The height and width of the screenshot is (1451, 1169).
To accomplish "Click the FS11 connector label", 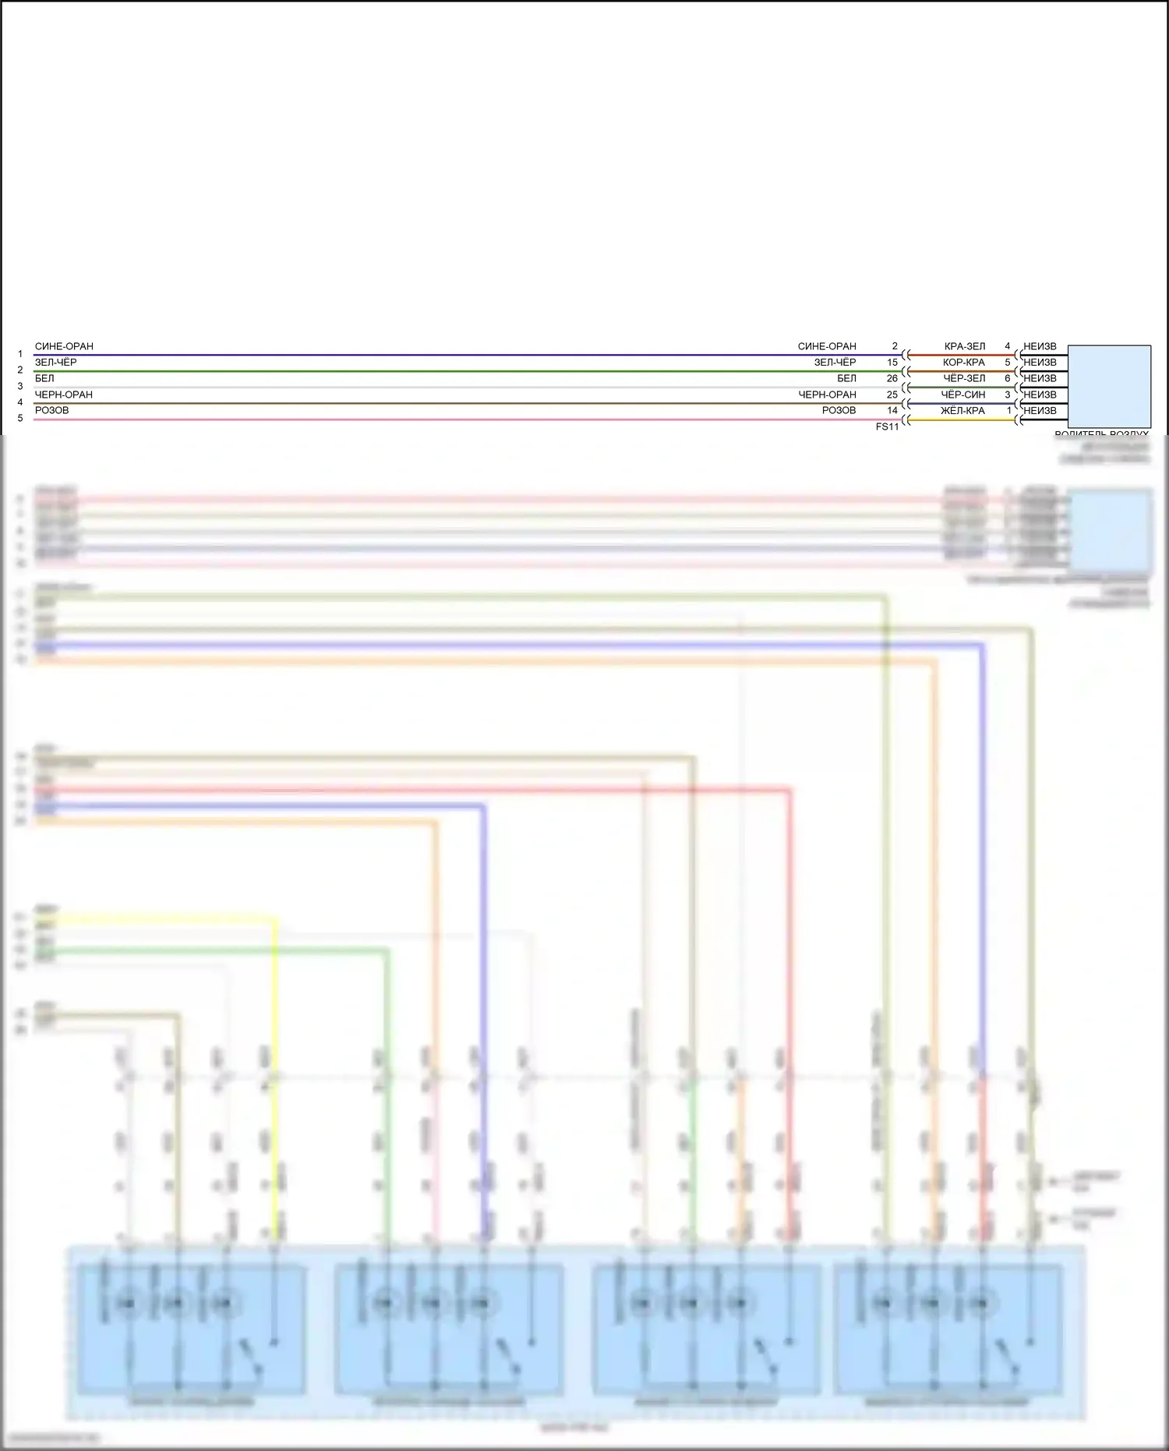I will click(887, 426).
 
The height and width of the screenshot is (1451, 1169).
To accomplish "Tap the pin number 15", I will click(892, 363).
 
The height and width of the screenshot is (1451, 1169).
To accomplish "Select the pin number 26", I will click(892, 378).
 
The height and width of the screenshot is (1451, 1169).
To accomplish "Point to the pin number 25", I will click(892, 395).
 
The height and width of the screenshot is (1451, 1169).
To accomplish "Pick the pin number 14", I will click(892, 410).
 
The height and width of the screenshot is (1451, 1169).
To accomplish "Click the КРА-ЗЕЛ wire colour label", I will click(965, 346).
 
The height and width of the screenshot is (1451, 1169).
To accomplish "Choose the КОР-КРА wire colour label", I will click(964, 363).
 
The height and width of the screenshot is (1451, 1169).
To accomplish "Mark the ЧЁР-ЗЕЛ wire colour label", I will click(964, 378).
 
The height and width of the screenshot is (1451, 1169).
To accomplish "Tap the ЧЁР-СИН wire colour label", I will click(964, 395).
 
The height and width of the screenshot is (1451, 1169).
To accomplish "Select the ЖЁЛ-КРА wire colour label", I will click(964, 410).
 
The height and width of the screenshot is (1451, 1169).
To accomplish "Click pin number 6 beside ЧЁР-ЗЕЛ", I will click(1008, 378).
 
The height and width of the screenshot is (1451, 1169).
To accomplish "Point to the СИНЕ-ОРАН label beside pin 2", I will click(827, 346).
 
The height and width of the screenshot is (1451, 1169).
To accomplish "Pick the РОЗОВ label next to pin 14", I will click(839, 410).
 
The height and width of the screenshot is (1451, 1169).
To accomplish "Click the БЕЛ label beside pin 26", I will click(846, 378).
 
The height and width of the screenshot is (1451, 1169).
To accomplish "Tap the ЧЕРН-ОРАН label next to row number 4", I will click(64, 395).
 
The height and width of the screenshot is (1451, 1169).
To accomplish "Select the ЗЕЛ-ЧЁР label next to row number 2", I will click(56, 363).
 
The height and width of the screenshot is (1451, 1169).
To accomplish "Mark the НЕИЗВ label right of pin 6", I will click(1040, 378).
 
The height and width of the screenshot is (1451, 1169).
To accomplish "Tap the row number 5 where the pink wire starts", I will click(20, 419).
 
